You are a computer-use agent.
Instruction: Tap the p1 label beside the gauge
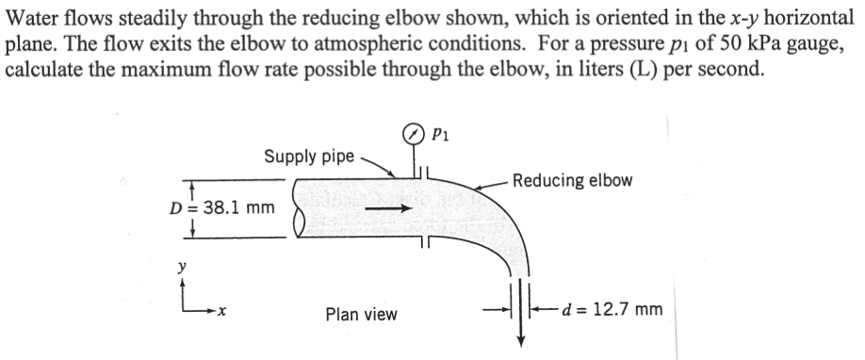click(x=438, y=135)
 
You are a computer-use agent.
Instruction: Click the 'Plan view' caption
click(x=361, y=314)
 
